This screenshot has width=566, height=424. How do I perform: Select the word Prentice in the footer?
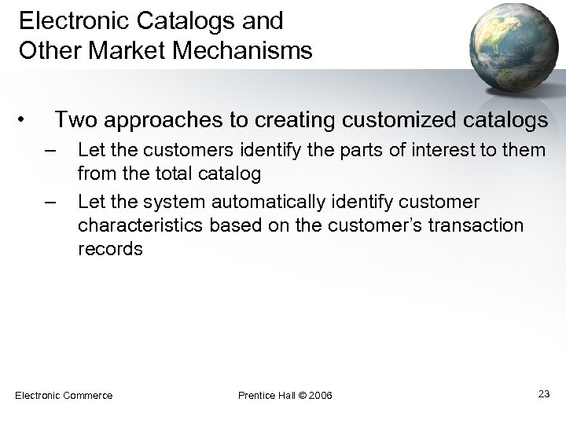(x=255, y=394)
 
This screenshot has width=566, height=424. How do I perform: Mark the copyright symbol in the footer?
(x=302, y=394)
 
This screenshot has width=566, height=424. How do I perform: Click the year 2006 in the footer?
(x=320, y=394)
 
